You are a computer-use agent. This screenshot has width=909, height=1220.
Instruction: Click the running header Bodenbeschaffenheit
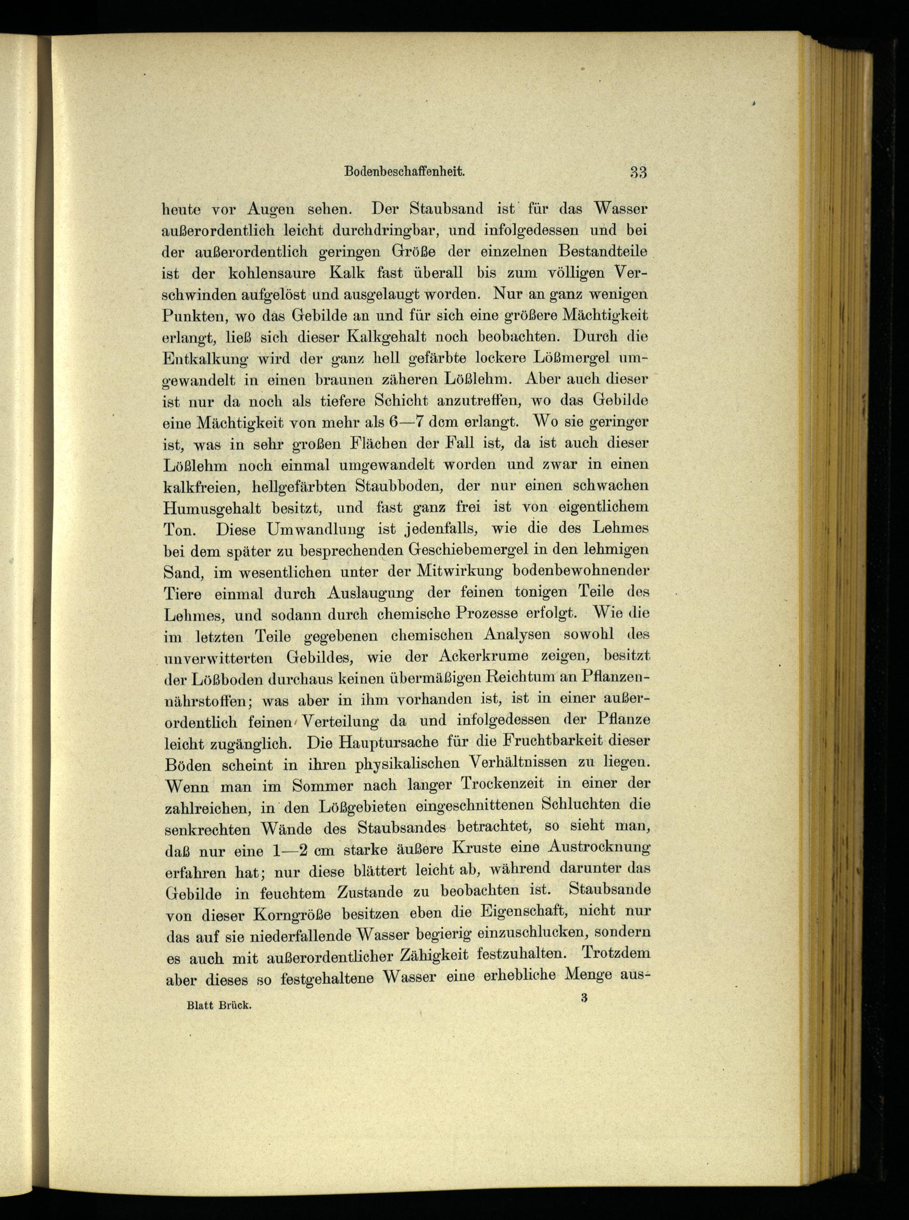click(405, 171)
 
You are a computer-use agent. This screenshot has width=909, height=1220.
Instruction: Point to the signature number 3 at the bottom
click(583, 998)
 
